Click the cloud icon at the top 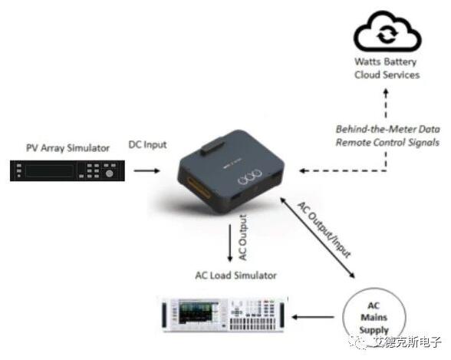[x=387, y=31]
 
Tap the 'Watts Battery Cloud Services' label [x=387, y=68]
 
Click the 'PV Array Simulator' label [x=67, y=148]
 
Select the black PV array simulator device [x=67, y=170]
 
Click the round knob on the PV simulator [x=109, y=173]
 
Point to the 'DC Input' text [x=147, y=144]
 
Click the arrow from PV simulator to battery [x=146, y=170]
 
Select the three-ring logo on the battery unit [x=250, y=177]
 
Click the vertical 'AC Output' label [x=243, y=238]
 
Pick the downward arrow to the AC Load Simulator [x=230, y=243]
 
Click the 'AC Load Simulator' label [x=236, y=276]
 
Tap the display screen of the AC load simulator [x=199, y=312]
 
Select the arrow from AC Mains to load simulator [x=313, y=317]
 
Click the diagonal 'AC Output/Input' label [x=324, y=230]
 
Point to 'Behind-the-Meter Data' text [x=388, y=129]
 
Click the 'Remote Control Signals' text [x=387, y=142]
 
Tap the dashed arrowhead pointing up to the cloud [x=386, y=93]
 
